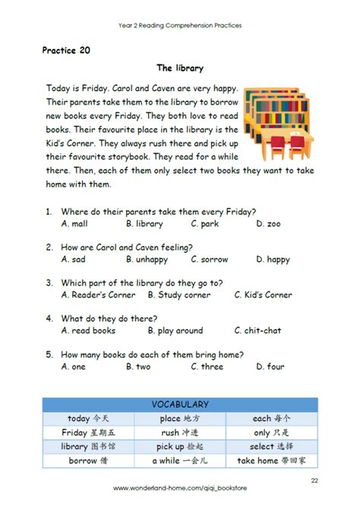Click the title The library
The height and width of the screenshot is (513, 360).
point(180,68)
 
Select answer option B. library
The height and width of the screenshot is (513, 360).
point(144,224)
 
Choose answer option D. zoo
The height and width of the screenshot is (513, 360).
point(268,224)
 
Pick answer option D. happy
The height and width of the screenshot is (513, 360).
point(273,260)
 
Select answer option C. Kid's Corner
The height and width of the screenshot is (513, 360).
point(263,294)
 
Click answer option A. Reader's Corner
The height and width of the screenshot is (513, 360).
point(98,294)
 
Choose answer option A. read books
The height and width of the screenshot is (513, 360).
point(88,330)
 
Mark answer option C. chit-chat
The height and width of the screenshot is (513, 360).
point(259,330)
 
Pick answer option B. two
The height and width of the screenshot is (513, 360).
point(138,367)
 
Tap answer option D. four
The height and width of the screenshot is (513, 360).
point(270,367)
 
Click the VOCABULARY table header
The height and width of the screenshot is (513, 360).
point(180,405)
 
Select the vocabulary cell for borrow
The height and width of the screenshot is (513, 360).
point(88,461)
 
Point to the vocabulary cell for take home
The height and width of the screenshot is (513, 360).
point(271,461)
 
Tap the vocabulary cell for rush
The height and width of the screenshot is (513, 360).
point(180,433)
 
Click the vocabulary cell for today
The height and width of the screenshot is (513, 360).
point(88,419)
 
